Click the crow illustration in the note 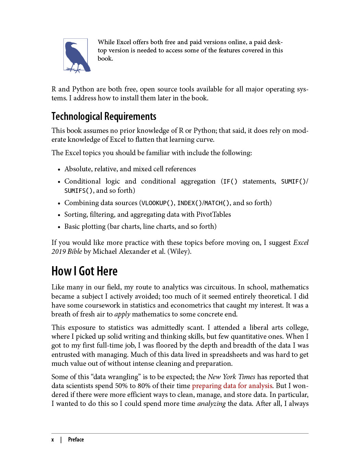(x=76, y=56)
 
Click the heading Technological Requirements (x=104, y=116)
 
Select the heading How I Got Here (x=84, y=271)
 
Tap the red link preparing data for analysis (x=232, y=386)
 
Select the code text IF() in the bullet (x=230, y=182)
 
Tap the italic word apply (x=122, y=314)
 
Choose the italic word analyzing (x=211, y=404)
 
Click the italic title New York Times (x=231, y=377)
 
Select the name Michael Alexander (x=119, y=252)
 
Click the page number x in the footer (x=53, y=440)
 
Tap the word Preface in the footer (x=76, y=440)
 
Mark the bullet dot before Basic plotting (x=59, y=227)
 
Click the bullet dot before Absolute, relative (x=59, y=170)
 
